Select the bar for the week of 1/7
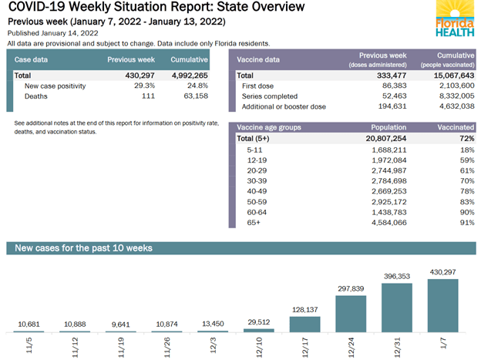click(x=442, y=306)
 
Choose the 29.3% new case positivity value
click(x=148, y=86)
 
